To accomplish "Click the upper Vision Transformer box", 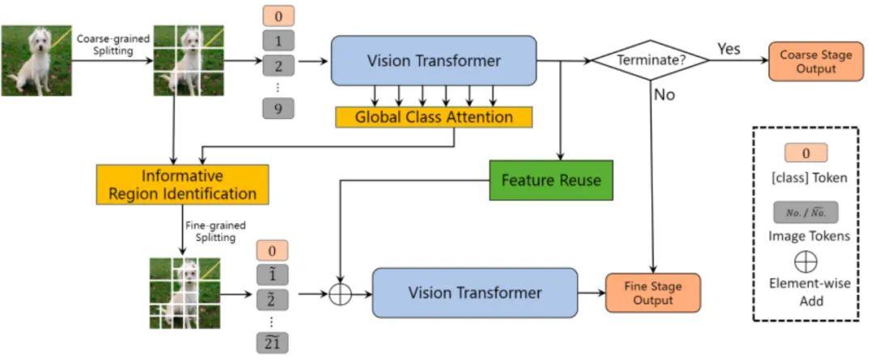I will (434, 61).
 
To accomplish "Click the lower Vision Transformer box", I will (475, 292).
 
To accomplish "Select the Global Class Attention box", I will (434, 117).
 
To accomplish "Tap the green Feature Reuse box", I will (551, 180).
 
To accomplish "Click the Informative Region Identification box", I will (182, 184).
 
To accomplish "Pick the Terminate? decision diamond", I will (651, 60).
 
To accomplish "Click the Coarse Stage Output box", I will (815, 61).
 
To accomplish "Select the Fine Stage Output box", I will (652, 293).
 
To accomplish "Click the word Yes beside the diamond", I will (728, 49).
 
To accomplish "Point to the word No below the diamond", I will (664, 95).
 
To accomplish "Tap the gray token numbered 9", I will (278, 108).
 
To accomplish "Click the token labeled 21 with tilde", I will (272, 343).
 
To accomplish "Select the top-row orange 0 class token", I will (278, 15).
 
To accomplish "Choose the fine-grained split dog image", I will (185, 293).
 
